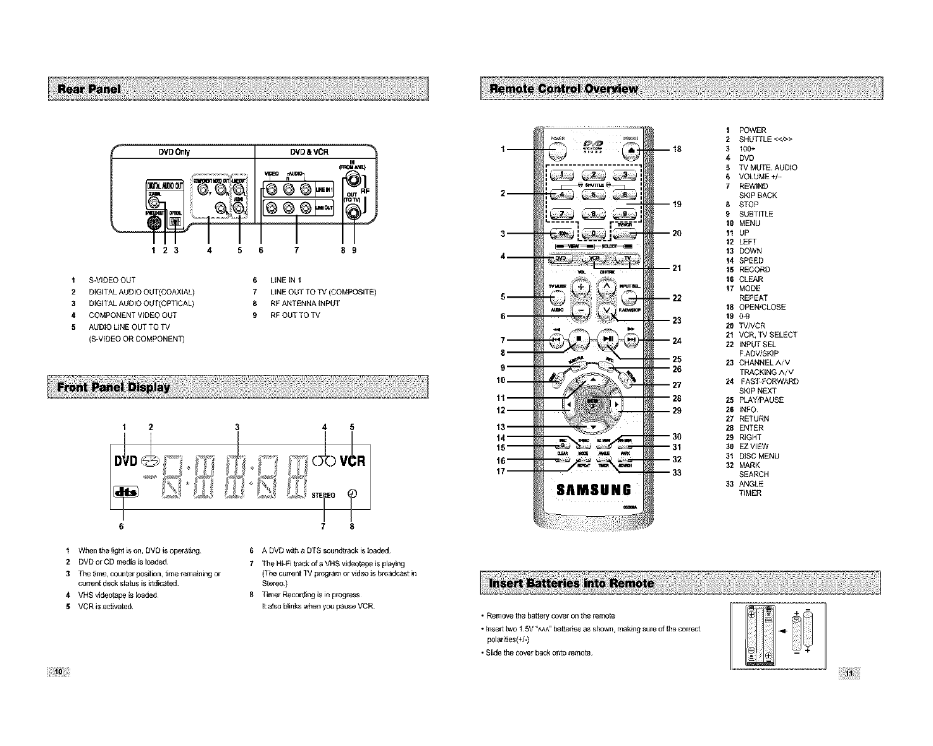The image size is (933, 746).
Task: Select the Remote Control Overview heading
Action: [x=560, y=88]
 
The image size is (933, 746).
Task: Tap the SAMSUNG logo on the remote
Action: [x=592, y=490]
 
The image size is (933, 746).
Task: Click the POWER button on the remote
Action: [x=557, y=149]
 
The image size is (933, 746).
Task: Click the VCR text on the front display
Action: [x=353, y=460]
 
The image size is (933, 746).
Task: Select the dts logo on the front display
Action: [x=127, y=492]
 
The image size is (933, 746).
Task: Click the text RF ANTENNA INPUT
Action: [x=304, y=303]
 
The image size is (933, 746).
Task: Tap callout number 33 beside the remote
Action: [x=677, y=472]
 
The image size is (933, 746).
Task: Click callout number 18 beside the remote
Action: [x=677, y=149]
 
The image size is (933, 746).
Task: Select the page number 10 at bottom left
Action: [x=59, y=671]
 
